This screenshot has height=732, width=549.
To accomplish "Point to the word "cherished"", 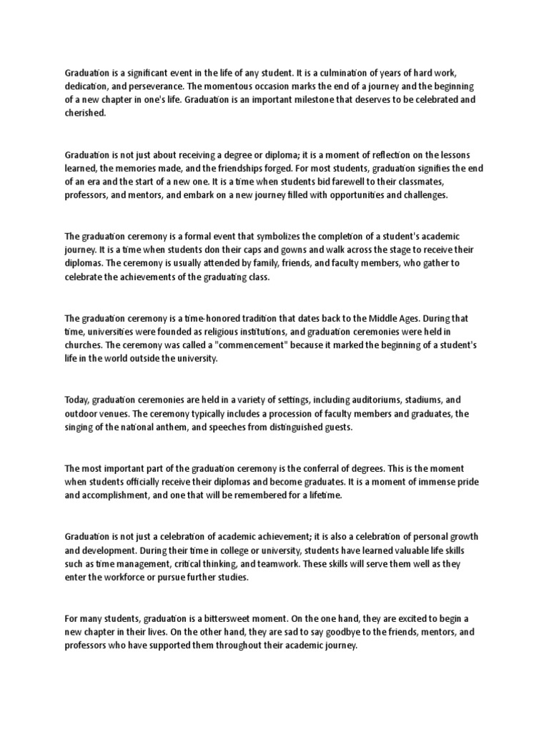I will coord(84,113).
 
